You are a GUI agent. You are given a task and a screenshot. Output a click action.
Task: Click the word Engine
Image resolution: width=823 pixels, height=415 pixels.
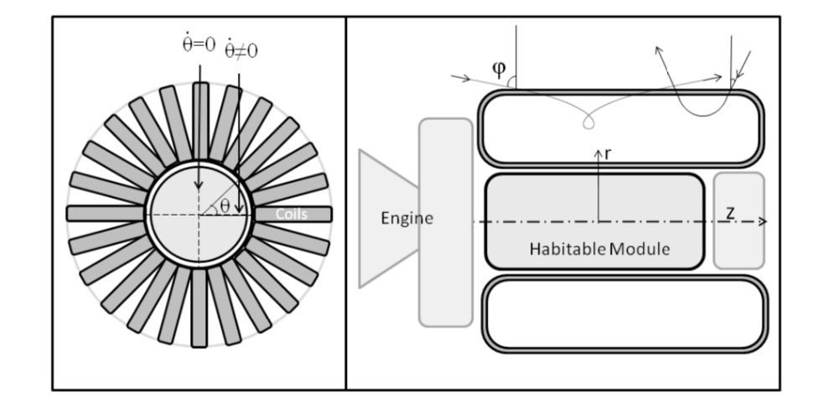click(x=406, y=219)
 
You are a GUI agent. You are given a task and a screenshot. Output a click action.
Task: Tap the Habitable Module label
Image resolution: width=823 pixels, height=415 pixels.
click(x=599, y=248)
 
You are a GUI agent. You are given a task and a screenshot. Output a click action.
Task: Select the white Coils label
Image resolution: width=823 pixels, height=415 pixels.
click(x=292, y=215)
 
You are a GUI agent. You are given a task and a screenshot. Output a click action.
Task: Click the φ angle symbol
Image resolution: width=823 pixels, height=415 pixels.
click(x=499, y=69)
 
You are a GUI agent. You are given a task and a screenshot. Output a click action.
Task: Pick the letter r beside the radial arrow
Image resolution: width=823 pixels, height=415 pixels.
click(x=608, y=154)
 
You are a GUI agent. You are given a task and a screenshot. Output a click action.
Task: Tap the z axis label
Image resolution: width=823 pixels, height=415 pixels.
click(x=730, y=213)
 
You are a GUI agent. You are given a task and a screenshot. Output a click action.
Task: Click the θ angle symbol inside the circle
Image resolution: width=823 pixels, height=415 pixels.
click(x=225, y=205)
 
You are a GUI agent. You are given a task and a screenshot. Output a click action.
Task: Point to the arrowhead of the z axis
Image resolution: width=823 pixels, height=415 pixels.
click(x=763, y=221)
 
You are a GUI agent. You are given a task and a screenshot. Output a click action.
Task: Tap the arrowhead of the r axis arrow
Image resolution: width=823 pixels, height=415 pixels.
click(x=598, y=153)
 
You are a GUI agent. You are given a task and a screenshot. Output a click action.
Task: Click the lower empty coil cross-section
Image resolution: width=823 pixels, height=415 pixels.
click(x=625, y=314)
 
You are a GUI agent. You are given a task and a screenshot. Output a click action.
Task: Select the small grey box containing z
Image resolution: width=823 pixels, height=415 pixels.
click(x=739, y=220)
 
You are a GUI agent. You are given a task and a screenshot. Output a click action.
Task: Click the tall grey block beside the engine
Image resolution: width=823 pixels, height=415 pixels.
click(x=446, y=223)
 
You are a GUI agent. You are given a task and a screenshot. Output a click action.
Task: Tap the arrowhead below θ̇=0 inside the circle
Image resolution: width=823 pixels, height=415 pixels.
click(x=199, y=185)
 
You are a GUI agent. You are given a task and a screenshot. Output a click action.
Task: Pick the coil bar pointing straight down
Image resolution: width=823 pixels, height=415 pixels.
click(x=199, y=308)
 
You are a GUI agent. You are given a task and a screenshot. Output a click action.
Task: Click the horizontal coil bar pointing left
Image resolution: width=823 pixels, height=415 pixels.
click(x=106, y=213)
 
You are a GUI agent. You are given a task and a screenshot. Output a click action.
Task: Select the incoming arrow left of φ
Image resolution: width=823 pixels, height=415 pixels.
click(x=460, y=78)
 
